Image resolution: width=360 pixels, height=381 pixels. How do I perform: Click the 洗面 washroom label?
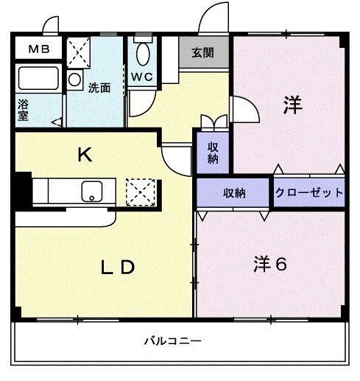click(x=99, y=88)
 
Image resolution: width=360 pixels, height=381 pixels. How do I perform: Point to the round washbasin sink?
click(x=74, y=80)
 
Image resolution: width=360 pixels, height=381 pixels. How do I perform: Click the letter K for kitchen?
click(x=85, y=155)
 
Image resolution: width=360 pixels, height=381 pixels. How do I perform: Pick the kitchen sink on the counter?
click(x=93, y=190)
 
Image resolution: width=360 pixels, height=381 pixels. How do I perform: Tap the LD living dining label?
click(x=118, y=268)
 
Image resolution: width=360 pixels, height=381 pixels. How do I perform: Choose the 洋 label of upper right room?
click(x=292, y=106)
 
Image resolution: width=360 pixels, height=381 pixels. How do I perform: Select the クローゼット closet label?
click(x=309, y=193)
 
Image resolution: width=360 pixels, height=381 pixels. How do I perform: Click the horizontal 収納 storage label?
click(x=235, y=193)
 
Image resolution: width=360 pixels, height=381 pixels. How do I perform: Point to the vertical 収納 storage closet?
click(x=213, y=153)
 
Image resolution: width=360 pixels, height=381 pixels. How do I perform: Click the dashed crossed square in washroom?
click(x=79, y=52)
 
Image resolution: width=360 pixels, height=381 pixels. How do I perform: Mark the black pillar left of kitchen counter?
click(x=23, y=190)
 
